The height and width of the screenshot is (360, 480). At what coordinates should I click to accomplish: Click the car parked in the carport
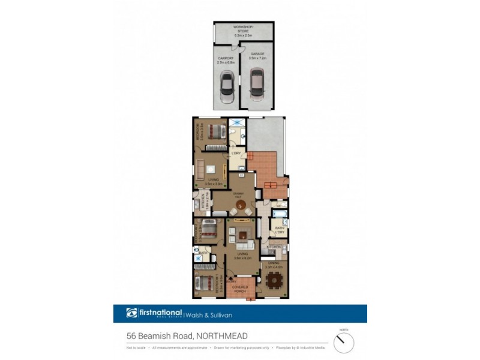pyautogui.click(x=227, y=87)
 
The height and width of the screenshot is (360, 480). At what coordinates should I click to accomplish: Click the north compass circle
pyautogui.click(x=344, y=343)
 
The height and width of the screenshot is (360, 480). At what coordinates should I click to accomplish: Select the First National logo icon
pyautogui.click(x=131, y=313)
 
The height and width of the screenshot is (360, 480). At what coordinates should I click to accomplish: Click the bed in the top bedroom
pyautogui.click(x=215, y=131)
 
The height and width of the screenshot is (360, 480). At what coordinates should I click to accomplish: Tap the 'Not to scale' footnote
pyautogui.click(x=136, y=347)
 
